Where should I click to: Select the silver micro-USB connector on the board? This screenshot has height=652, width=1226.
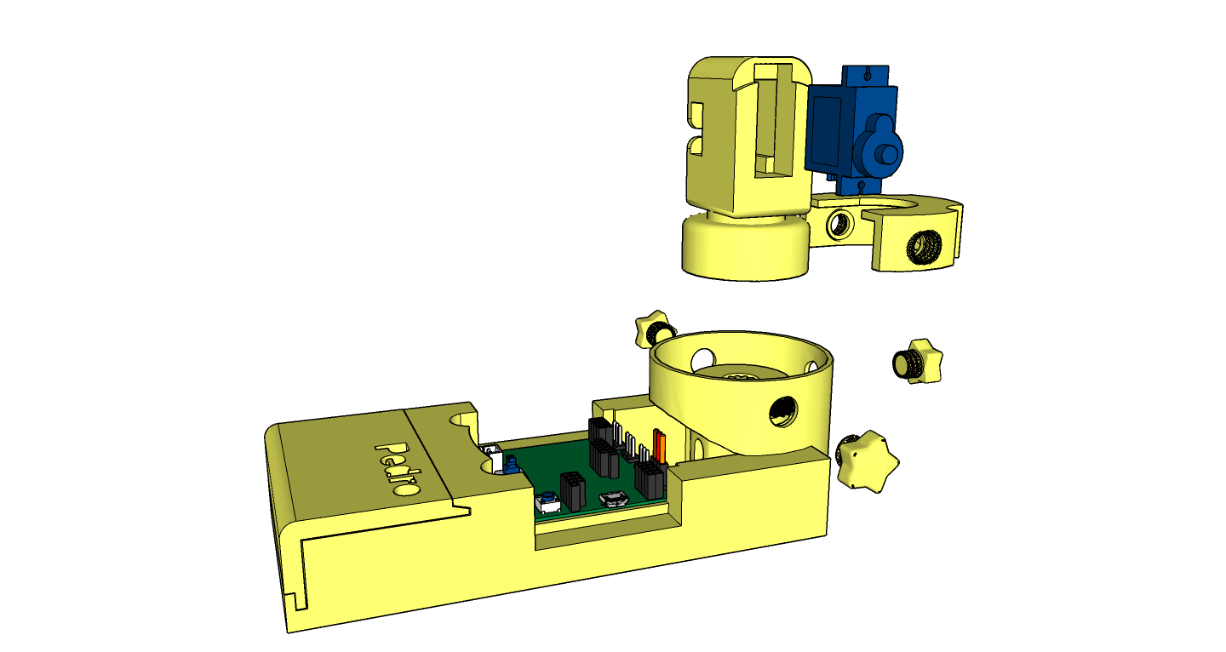click(614, 499)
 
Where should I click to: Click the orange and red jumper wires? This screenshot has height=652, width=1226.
click(660, 444)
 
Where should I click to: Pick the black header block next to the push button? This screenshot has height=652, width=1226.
click(572, 490)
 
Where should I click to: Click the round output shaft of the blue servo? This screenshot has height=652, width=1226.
click(887, 156)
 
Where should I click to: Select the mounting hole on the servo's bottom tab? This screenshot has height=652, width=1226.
click(861, 185)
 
